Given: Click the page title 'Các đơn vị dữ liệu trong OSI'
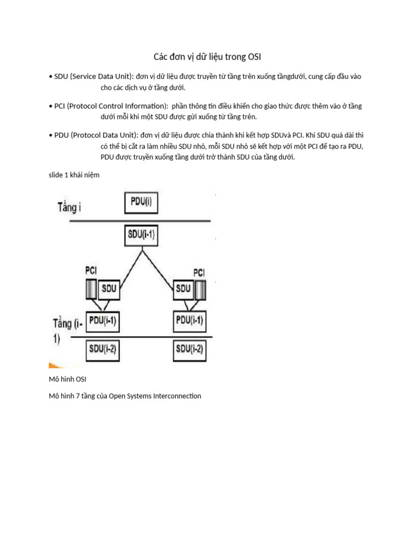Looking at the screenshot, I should pos(207,57).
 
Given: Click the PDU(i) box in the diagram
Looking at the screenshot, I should pos(142,203).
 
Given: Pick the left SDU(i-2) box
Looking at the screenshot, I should pos(102,349).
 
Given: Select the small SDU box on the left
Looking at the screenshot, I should pos(110,288).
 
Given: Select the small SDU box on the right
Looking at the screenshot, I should pos(183,288).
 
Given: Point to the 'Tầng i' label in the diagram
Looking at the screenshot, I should pos(70,207).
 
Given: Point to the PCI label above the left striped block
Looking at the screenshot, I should pos(91,269).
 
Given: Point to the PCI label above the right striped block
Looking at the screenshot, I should pos(199,272).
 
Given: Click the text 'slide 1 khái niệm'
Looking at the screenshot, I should pos(74,175).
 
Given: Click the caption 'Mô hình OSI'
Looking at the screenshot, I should pos(68,379).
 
